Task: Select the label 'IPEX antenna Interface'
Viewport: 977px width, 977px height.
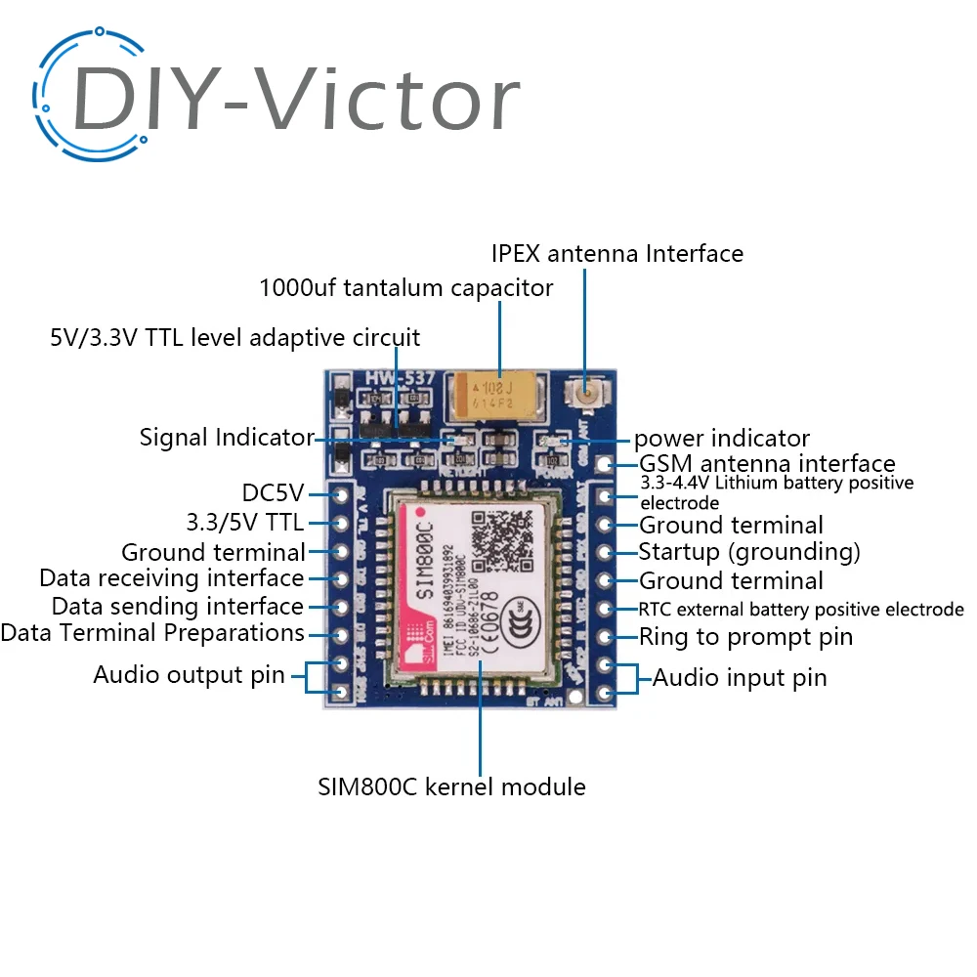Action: pos(616,254)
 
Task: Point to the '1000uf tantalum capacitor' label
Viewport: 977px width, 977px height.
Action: pos(405,288)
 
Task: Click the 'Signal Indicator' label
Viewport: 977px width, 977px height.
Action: pos(227,437)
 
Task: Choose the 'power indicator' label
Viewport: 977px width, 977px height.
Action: pos(722,439)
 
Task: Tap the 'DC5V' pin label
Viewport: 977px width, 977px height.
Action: pos(274,492)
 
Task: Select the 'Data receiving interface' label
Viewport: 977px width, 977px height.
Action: pos(171,577)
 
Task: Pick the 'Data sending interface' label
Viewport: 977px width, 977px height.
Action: pos(177,606)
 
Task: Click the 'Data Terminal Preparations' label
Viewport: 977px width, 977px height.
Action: pos(152,633)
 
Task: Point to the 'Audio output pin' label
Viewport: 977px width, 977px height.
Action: pos(189,674)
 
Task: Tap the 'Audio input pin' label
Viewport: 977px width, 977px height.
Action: pos(740,677)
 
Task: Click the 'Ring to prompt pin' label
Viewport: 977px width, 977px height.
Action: pos(745,637)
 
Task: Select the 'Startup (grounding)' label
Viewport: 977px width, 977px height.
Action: pos(749,552)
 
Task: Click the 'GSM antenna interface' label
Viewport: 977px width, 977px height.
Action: pos(767,463)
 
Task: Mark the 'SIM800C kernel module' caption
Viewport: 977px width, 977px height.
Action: pos(451,786)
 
